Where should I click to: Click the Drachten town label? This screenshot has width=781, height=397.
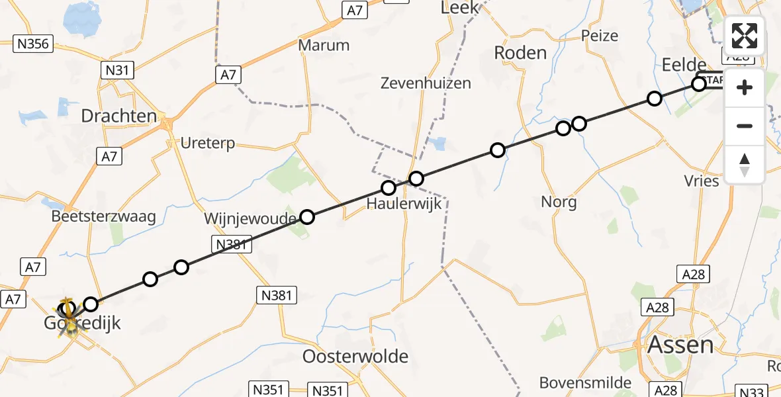tap(119, 116)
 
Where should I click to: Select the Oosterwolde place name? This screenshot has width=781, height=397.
tap(355, 357)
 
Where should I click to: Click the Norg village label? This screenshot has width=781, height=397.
tap(559, 202)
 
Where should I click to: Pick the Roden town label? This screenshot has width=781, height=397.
tap(521, 53)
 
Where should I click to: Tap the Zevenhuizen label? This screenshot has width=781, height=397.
tap(426, 83)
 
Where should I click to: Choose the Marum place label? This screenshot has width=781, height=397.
tap(324, 46)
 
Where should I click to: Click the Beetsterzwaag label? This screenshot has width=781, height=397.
tap(103, 216)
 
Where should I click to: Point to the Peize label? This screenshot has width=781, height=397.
tap(599, 36)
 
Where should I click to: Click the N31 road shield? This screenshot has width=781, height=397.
tap(117, 69)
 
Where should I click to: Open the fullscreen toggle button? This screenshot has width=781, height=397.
tap(745, 36)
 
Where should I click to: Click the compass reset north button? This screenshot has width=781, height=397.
tap(745, 165)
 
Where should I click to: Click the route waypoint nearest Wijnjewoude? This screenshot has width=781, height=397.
tap(307, 216)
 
